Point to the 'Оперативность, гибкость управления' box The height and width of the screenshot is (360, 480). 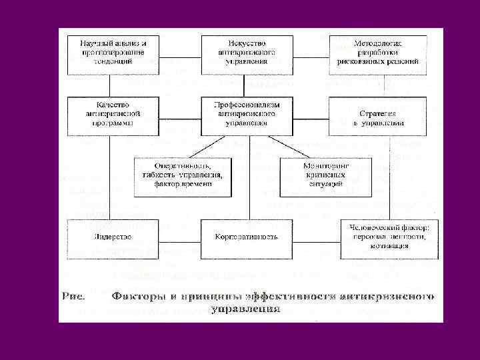click(x=183, y=177)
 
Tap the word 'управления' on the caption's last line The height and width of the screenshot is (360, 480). click(x=245, y=310)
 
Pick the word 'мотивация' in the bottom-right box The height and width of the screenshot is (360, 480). click(x=390, y=245)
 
